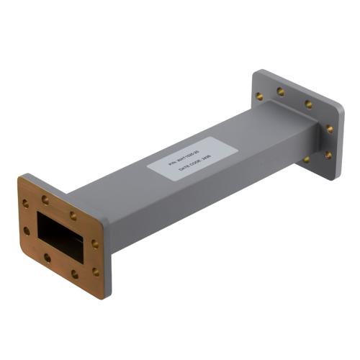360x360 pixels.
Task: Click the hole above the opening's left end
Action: click(45, 199)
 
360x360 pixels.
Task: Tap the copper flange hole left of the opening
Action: click(27, 231)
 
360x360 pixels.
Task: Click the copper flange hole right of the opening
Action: click(95, 244)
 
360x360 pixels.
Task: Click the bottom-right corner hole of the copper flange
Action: click(95, 271)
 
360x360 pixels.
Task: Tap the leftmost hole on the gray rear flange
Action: click(259, 94)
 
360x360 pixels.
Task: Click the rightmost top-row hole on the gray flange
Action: click(308, 104)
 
